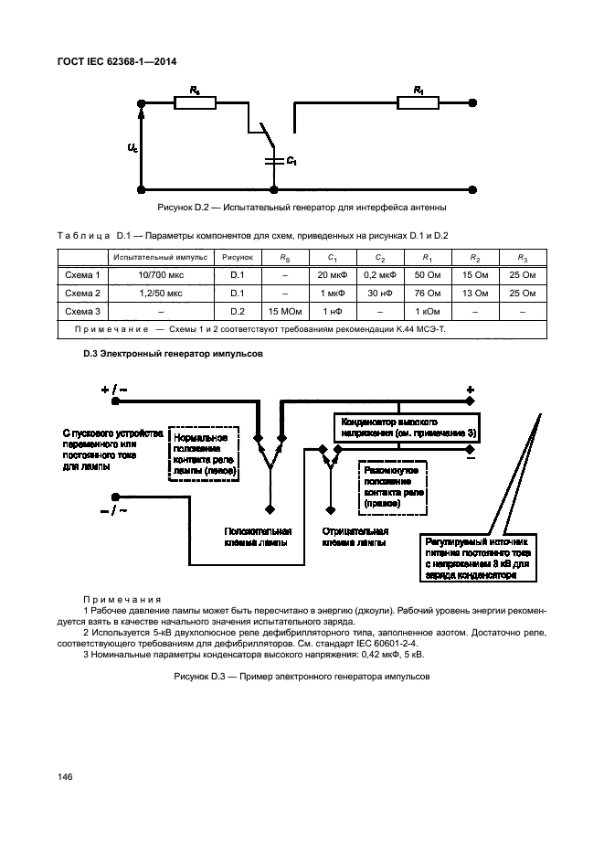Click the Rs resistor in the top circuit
(194, 104)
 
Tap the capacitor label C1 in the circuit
(291, 161)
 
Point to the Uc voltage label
(133, 146)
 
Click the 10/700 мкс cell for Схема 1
(161, 274)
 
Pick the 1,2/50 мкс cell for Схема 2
(161, 293)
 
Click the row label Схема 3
(82, 311)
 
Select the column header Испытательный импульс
(161, 257)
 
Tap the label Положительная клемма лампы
(259, 536)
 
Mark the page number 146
(65, 776)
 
